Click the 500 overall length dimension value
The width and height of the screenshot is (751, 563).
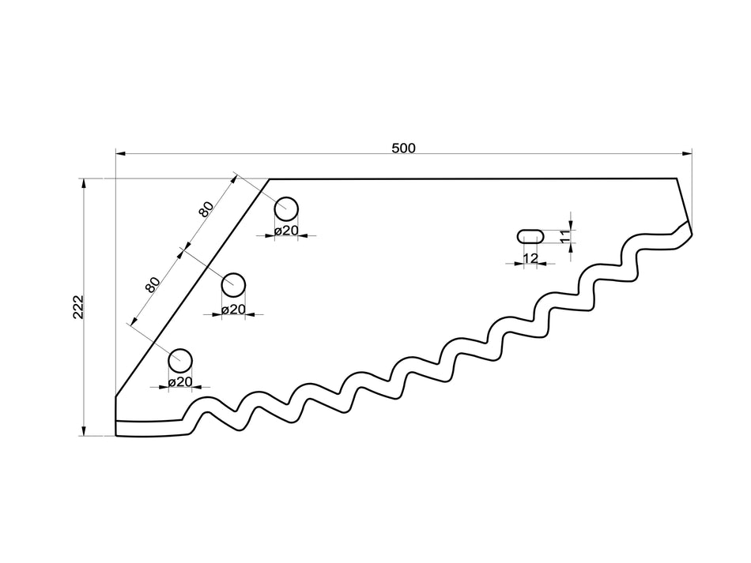click(x=403, y=148)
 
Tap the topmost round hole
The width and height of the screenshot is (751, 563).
click(x=286, y=208)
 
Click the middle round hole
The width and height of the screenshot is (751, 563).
click(x=233, y=283)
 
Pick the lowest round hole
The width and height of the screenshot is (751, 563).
click(x=180, y=359)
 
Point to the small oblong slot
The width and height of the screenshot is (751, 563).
click(x=530, y=235)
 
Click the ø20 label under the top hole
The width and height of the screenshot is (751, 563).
click(x=286, y=231)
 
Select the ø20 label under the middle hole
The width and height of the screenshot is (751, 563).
click(x=233, y=309)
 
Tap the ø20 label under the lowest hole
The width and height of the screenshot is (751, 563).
click(x=181, y=381)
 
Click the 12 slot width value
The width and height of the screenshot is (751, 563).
click(x=530, y=258)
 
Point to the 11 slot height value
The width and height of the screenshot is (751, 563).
click(x=564, y=235)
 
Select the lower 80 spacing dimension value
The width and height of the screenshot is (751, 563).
click(x=153, y=284)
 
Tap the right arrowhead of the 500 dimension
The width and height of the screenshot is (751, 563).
click(x=688, y=152)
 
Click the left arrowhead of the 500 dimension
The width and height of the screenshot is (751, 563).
click(x=120, y=152)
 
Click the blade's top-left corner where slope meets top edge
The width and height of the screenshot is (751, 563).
click(x=270, y=179)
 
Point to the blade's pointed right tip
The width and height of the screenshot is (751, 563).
click(x=691, y=233)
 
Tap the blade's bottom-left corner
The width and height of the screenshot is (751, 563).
click(x=116, y=435)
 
